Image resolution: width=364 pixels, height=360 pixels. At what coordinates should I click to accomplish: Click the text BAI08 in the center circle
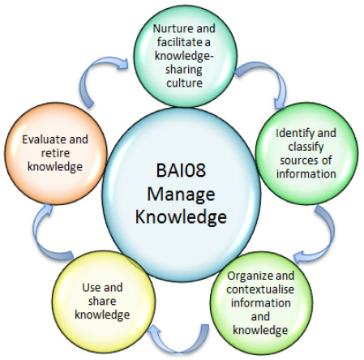click(x=181, y=170)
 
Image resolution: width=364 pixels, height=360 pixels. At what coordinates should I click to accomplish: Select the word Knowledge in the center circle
click(x=181, y=217)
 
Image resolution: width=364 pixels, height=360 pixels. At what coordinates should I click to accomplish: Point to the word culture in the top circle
click(x=184, y=83)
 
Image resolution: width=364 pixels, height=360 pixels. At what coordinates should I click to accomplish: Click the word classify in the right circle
click(x=306, y=147)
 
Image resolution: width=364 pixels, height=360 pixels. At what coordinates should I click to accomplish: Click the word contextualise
click(x=260, y=289)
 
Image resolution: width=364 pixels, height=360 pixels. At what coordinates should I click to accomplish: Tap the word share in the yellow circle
click(x=102, y=301)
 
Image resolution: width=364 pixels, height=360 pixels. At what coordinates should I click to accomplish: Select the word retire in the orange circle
click(x=55, y=153)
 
